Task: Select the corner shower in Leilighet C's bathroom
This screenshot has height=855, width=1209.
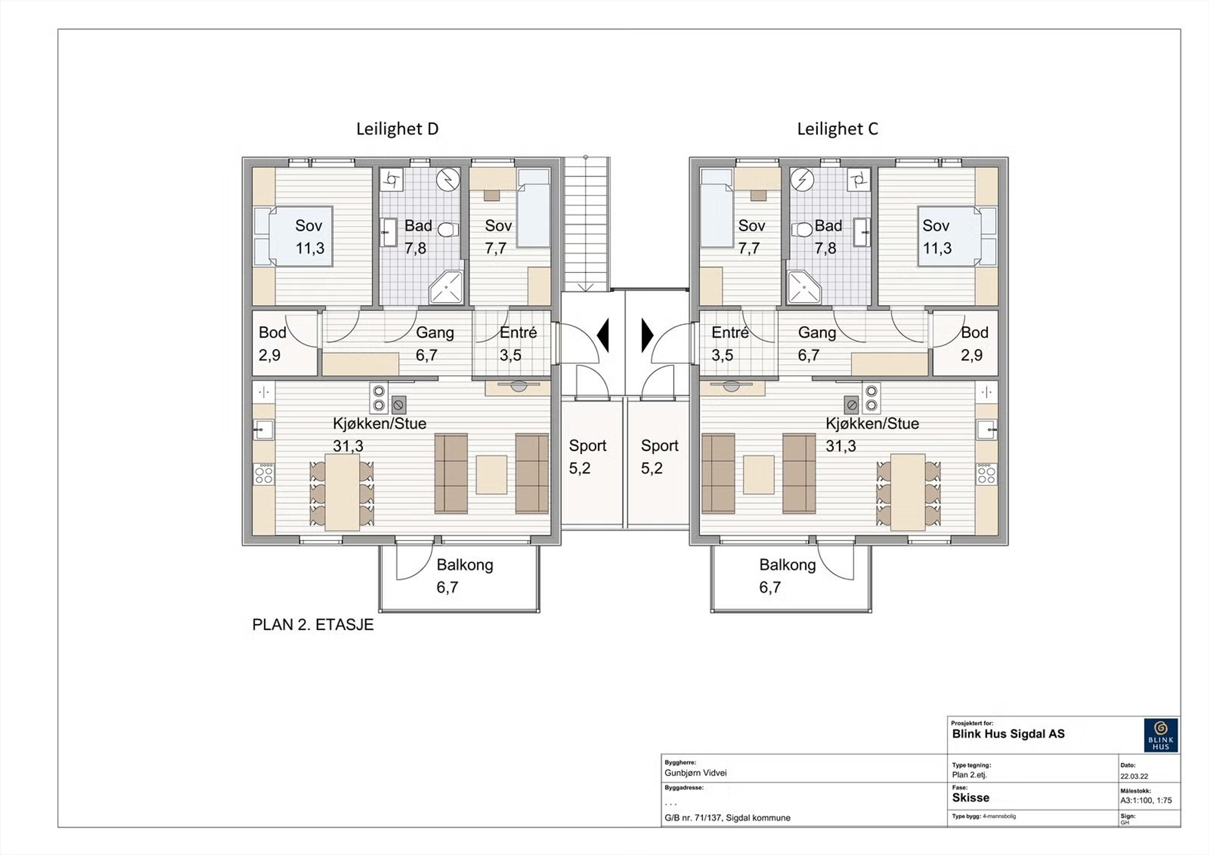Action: (804, 287)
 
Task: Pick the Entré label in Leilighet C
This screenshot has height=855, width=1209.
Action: (730, 332)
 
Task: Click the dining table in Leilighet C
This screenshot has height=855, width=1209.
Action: (908, 492)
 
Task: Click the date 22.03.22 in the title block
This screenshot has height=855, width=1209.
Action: (1134, 776)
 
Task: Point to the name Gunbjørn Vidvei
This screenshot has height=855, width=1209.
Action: (695, 773)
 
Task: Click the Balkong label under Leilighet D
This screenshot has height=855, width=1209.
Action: (465, 565)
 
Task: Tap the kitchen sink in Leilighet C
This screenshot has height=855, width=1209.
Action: (986, 430)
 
